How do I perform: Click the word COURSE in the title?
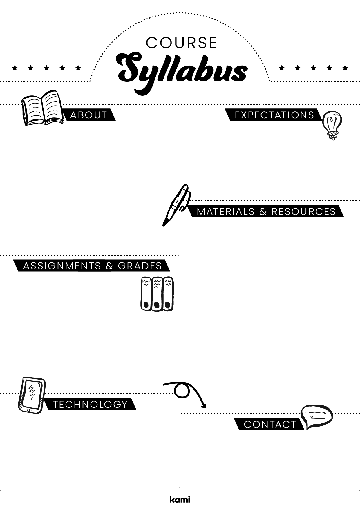[181, 43]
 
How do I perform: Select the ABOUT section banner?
[88, 115]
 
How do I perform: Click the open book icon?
[42, 108]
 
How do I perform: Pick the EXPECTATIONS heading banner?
[274, 115]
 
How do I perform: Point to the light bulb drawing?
[332, 125]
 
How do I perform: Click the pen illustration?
[176, 204]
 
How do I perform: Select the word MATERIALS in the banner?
[226, 212]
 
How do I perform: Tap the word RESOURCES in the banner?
[303, 212]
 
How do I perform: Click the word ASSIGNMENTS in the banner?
[62, 266]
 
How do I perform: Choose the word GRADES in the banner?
[140, 266]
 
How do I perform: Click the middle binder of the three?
[157, 294]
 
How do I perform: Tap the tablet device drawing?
[31, 395]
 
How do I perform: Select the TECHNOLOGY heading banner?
[90, 404]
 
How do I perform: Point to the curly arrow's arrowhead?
[204, 406]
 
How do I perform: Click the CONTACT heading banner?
[270, 425]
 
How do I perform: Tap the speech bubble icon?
[316, 416]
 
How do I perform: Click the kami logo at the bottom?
[180, 499]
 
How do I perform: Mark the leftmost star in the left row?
[15, 68]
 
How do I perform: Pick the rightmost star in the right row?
[345, 68]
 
